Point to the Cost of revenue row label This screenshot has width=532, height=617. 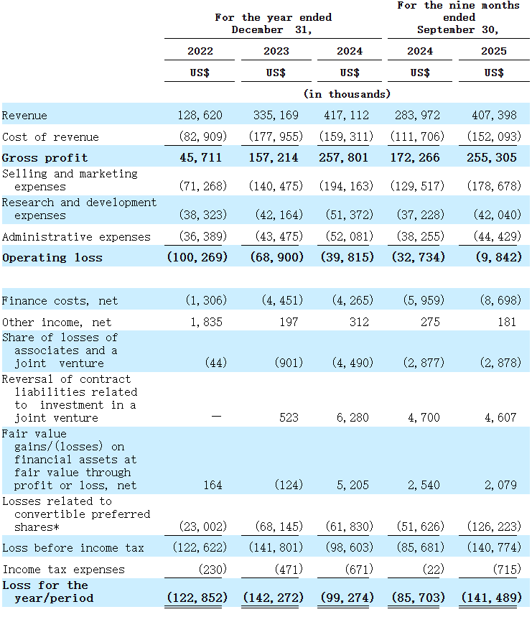tap(50, 137)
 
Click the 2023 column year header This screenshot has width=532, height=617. tap(276, 51)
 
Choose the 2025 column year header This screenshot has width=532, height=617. tap(494, 51)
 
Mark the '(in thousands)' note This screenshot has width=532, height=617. tap(347, 94)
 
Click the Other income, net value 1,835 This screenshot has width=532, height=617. tap(208, 323)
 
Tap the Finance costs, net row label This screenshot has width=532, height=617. tap(60, 301)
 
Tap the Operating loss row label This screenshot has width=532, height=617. tap(52, 258)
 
